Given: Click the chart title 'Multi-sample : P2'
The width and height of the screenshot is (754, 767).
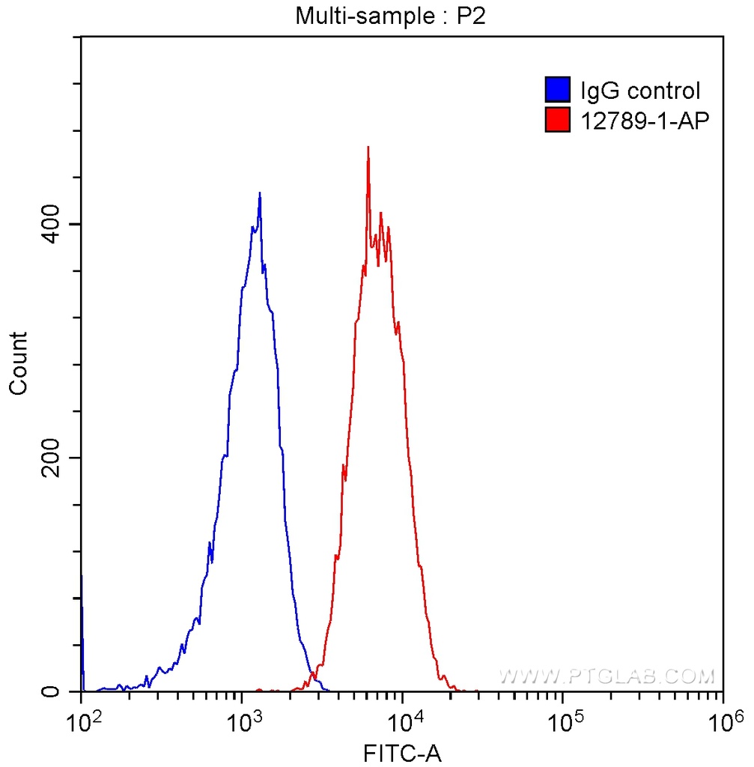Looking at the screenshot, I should point(390,16).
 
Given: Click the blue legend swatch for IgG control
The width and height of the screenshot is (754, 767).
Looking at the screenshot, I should point(557,91).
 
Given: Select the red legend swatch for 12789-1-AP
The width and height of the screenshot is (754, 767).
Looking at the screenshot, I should point(557,120).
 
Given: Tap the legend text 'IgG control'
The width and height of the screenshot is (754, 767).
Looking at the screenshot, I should point(640,91).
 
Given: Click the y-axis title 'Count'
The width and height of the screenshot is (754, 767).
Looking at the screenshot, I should point(18,363).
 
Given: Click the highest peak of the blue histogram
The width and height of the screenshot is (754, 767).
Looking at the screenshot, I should point(259,193).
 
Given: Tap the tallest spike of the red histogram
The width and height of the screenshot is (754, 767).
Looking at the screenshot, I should point(368,148).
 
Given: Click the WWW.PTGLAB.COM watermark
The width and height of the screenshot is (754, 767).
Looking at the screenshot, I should point(606,677).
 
